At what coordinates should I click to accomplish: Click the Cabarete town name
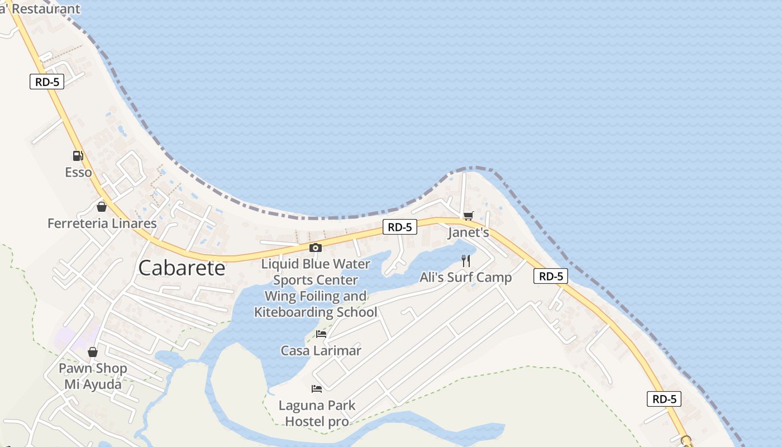(x=182, y=268)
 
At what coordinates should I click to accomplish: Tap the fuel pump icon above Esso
(x=78, y=156)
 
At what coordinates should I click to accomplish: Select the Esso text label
(x=78, y=172)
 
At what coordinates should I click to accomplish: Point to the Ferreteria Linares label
(x=102, y=223)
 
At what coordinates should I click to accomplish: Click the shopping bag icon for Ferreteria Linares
(x=102, y=207)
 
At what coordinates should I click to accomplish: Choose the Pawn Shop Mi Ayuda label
(x=93, y=377)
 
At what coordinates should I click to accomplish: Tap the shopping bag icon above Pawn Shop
(x=93, y=352)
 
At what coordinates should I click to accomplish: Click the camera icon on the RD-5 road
(x=316, y=248)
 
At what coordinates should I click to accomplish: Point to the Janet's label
(x=468, y=233)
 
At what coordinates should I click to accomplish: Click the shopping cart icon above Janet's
(x=468, y=216)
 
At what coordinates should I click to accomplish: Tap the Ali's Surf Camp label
(x=465, y=278)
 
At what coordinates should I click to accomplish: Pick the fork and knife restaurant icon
(x=466, y=260)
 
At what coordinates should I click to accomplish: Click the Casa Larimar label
(x=321, y=351)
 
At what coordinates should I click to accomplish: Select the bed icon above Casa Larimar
(x=321, y=334)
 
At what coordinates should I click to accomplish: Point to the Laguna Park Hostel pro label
(x=317, y=413)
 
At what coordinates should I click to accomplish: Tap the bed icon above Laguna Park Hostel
(x=317, y=388)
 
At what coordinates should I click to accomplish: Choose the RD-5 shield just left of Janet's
(x=400, y=227)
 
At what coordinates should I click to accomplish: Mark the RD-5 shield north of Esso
(x=47, y=82)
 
